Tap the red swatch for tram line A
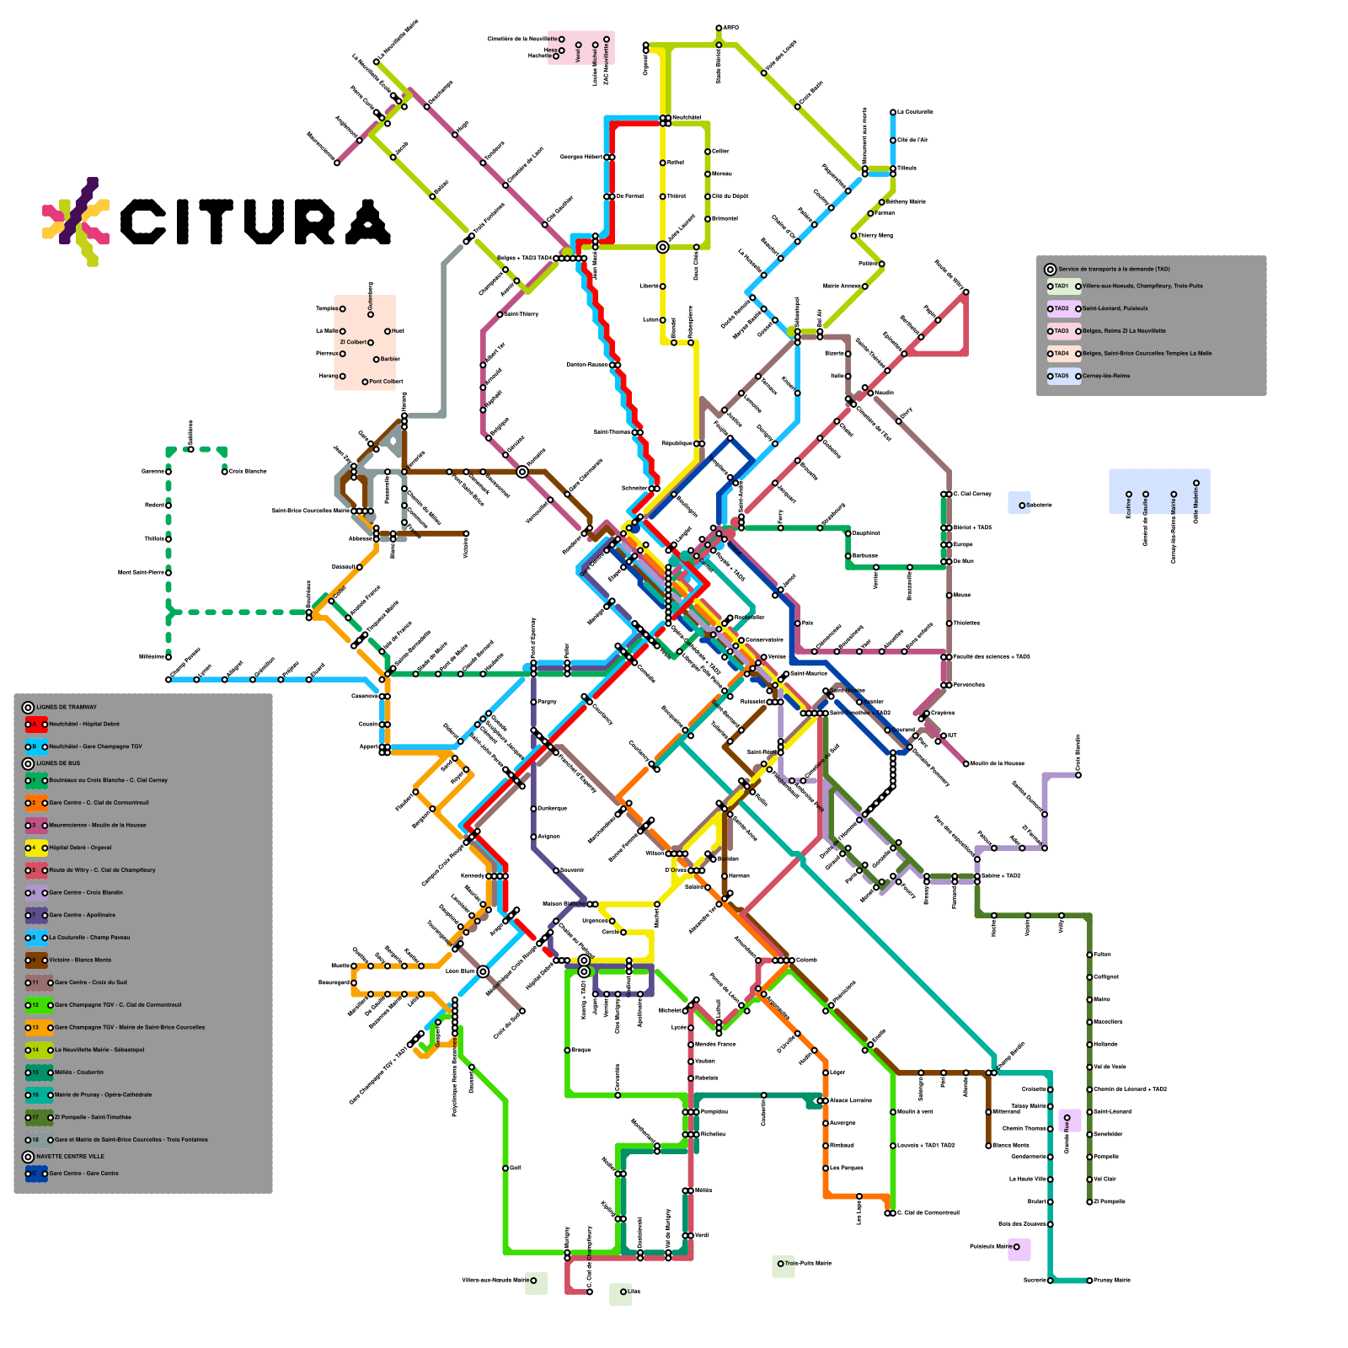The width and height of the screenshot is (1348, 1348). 35,724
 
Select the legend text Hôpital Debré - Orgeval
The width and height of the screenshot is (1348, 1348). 80,848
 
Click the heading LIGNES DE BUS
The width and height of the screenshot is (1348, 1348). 58,763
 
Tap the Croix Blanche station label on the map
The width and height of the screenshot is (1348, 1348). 248,471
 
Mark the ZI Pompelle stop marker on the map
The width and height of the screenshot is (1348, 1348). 1089,1201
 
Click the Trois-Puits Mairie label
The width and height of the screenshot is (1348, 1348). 808,1263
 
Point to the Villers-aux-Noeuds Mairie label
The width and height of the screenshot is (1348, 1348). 495,1281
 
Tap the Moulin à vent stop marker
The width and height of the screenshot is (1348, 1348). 893,1112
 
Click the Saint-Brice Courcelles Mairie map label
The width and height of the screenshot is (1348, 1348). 310,511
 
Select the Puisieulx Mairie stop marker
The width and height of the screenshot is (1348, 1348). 1016,1247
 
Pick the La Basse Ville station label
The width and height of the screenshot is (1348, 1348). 1027,1179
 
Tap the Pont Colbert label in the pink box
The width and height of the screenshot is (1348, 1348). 386,382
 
